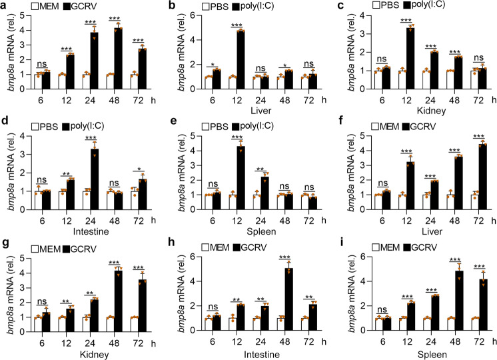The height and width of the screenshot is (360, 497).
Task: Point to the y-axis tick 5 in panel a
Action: tap(33, 13)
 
